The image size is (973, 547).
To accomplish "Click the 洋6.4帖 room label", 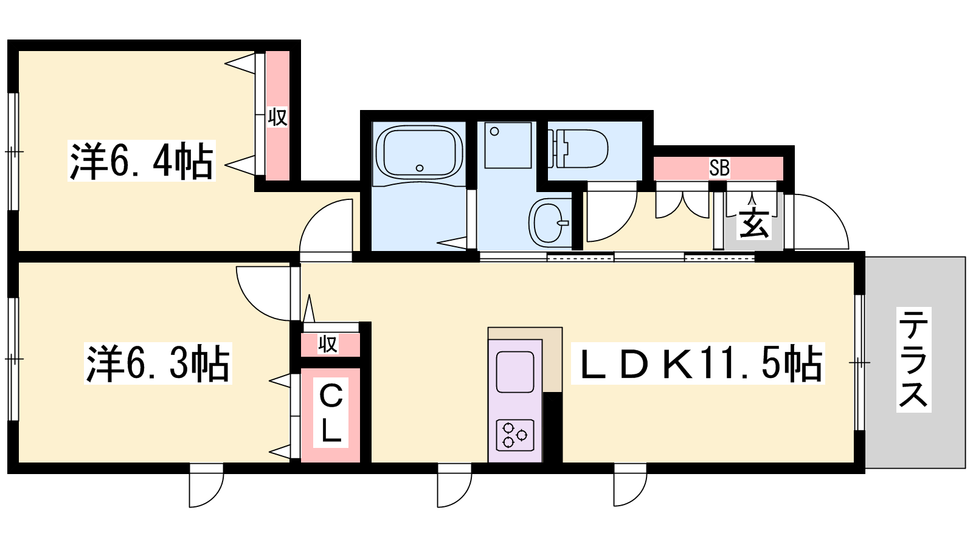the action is [142, 160].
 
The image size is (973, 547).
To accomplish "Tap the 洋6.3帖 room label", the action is [158, 363].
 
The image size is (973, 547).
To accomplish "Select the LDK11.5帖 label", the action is [698, 363].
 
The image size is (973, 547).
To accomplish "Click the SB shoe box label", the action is [719, 168].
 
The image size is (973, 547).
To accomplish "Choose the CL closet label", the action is [331, 413].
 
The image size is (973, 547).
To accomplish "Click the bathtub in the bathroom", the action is [419, 152].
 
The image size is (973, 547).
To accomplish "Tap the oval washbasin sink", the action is [549, 222].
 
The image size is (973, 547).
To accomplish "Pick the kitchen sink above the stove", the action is [515, 372].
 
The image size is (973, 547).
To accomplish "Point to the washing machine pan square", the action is [508, 145].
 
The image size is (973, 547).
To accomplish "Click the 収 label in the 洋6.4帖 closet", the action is [277, 117].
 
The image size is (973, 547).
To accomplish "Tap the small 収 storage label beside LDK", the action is [328, 344].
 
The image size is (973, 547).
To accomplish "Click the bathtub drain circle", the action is [420, 168].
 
